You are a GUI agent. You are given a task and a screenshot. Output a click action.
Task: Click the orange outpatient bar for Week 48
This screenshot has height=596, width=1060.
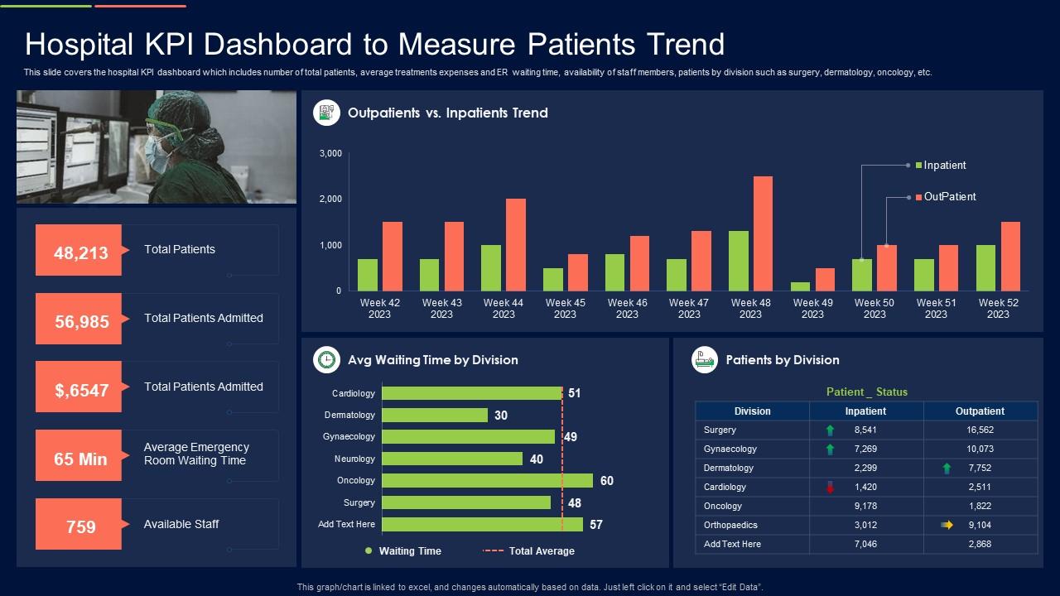[x=763, y=233]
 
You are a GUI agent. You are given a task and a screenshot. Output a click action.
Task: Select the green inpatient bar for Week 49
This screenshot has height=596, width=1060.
[x=800, y=286]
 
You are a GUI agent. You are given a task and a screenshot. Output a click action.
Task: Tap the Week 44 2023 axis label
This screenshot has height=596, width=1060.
[x=503, y=308]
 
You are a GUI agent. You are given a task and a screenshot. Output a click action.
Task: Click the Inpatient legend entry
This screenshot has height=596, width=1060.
[x=944, y=166]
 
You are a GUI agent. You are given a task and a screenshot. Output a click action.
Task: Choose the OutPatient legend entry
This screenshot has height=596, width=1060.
[x=949, y=197]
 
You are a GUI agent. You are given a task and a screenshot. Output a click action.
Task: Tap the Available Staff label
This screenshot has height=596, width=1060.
[x=181, y=524]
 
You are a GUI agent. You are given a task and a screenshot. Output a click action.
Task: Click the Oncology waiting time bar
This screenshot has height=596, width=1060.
[x=487, y=481]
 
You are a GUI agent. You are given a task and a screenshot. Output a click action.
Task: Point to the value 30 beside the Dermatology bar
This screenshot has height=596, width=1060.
[x=501, y=416]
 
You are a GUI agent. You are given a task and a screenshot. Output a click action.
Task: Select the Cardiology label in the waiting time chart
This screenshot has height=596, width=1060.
[x=354, y=393]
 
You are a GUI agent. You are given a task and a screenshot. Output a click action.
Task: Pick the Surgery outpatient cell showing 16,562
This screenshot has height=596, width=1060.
[x=980, y=430]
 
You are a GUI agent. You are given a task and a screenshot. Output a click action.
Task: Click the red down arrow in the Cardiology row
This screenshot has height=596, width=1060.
[x=830, y=488]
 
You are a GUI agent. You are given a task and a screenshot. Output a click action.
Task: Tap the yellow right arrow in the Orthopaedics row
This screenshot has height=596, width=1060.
[x=947, y=525]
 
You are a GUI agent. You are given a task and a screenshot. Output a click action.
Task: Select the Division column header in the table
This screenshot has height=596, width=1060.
[x=752, y=411]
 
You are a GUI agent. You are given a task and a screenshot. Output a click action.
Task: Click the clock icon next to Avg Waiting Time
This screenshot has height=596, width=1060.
[x=327, y=360]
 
